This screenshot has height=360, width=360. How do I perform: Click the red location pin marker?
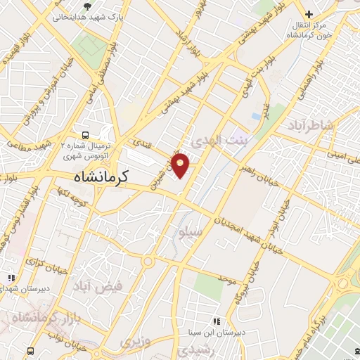coord(181,165)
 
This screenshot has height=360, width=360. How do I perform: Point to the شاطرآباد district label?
coord(314,126)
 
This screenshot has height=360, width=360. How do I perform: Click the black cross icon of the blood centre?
coord(308,14)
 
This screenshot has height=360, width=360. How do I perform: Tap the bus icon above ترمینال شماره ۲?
coord(85,134)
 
